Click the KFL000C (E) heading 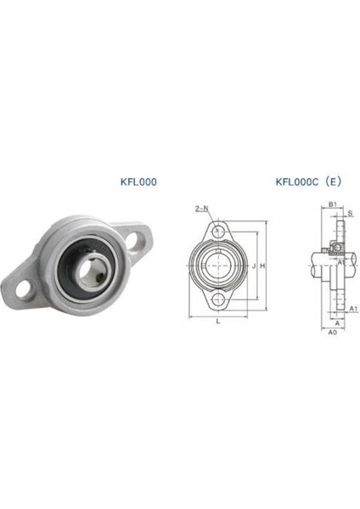point(308,182)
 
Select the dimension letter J point(254,266)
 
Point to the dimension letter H point(263,266)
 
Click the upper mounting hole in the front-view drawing point(219,231)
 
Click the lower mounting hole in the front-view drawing point(219,300)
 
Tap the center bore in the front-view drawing point(219,265)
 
